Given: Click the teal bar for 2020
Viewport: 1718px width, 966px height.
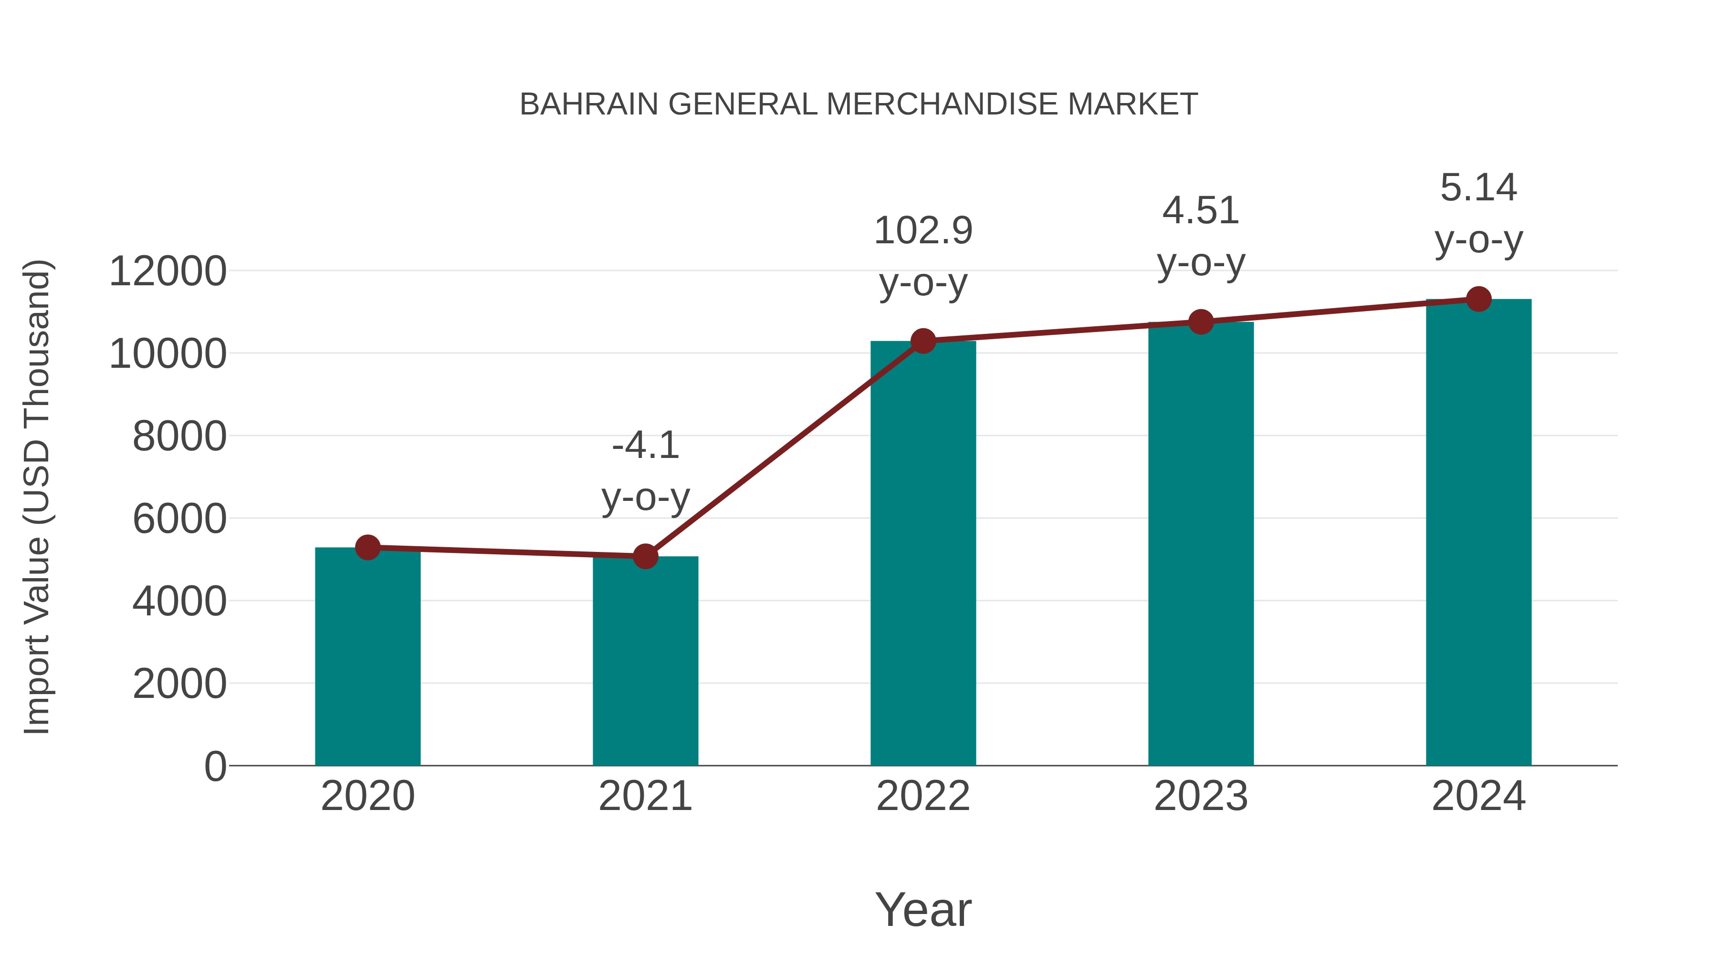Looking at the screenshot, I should [367, 657].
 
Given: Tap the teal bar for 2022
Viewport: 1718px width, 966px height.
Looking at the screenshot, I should [923, 553].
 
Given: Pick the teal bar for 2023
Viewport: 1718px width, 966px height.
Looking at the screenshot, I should [1201, 543].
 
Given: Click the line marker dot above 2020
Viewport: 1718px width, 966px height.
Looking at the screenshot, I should [367, 547].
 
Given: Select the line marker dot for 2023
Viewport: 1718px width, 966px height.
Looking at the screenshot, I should [1201, 322].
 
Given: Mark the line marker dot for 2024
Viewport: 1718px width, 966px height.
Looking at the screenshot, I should [1478, 299].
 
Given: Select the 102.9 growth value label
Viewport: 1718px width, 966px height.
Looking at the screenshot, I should [923, 231].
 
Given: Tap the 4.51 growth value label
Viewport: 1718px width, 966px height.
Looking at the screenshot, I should [1201, 211].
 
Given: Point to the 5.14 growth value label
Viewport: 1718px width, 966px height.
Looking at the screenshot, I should [1478, 187].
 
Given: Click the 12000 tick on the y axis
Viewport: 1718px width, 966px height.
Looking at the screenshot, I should [168, 271].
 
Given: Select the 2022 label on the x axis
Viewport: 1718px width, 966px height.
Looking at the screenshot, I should [923, 796].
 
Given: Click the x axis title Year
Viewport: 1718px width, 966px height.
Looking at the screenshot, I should [923, 909].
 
